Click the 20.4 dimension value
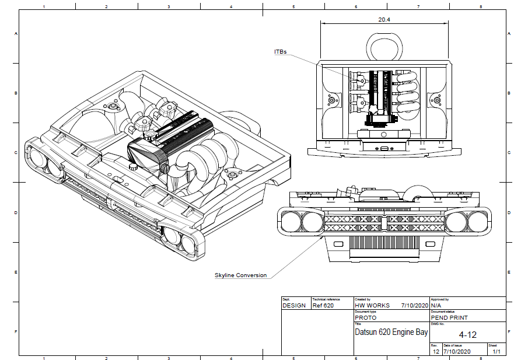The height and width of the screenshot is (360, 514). point(384,19)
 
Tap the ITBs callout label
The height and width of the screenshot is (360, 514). point(281,52)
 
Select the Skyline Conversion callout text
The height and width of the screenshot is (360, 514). point(240,275)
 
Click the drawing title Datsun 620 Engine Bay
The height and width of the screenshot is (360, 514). point(391,332)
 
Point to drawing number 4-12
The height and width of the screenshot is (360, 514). point(468,335)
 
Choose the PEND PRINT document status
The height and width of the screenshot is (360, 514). point(449,318)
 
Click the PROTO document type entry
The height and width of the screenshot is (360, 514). point(366,318)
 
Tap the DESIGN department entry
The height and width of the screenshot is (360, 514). point(294,305)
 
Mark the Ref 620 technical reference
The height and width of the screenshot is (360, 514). point(323,305)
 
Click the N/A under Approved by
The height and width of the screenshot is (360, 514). point(436,305)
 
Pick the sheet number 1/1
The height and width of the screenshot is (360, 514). point(496,352)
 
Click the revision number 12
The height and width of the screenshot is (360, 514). point(436,352)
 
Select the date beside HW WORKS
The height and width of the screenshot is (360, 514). point(415,305)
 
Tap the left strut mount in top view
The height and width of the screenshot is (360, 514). point(331,100)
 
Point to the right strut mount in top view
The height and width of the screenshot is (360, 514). point(436,100)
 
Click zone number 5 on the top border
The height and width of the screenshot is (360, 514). point(293,7)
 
